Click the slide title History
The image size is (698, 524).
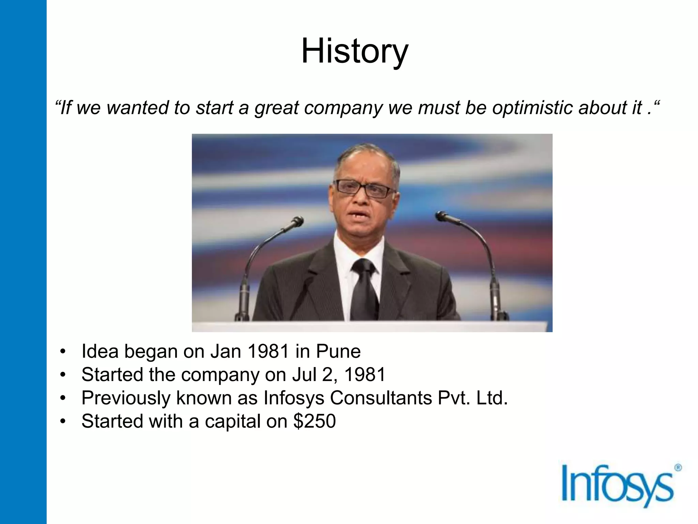click(x=354, y=51)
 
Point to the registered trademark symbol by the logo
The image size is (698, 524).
click(x=678, y=468)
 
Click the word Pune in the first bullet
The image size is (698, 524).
click(x=338, y=351)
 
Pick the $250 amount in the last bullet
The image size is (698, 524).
click(x=314, y=421)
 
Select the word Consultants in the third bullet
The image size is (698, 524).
click(x=381, y=398)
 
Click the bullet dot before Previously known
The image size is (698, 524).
click(x=62, y=398)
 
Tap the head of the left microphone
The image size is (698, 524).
click(x=298, y=222)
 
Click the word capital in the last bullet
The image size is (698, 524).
click(x=232, y=421)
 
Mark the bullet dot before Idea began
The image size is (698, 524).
click(x=62, y=352)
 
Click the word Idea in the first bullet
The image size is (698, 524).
click(x=100, y=351)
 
